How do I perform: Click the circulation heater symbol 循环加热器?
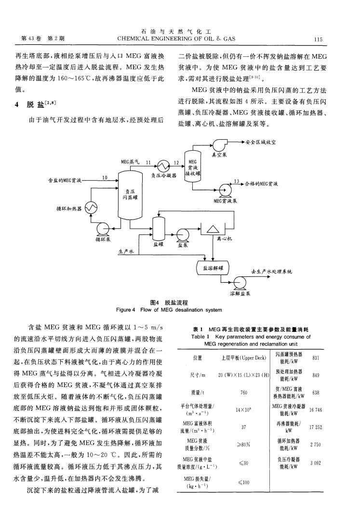pyautogui.click(x=91, y=208)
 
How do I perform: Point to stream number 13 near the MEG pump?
pyautogui.click(x=236, y=181)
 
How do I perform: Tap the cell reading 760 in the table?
pyautogui.click(x=243, y=393)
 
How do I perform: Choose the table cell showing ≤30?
pyautogui.click(x=243, y=463)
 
